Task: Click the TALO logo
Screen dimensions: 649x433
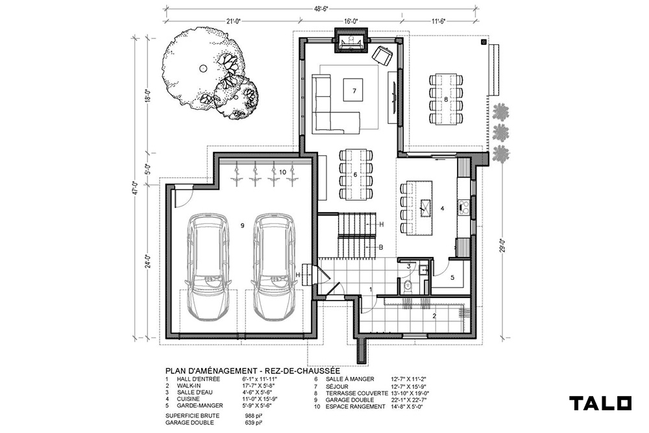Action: [x=600, y=403]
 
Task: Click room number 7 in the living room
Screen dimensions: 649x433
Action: [x=354, y=91]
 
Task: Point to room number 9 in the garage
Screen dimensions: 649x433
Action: [x=242, y=225]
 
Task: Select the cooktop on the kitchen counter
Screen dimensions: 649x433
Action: [x=463, y=206]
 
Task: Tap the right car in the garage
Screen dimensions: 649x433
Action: [x=274, y=266]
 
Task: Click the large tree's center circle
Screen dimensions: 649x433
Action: [x=202, y=68]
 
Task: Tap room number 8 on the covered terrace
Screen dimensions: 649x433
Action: [x=446, y=99]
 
